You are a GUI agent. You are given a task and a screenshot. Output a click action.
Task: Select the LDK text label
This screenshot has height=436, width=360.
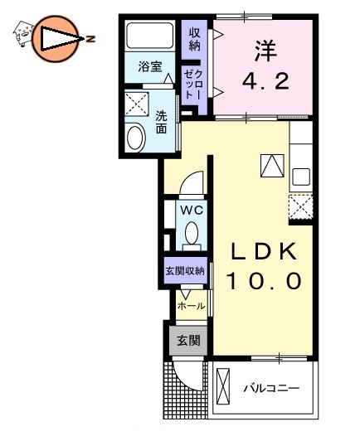(261, 250)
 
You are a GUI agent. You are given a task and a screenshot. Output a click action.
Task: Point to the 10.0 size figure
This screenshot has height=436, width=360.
(261, 281)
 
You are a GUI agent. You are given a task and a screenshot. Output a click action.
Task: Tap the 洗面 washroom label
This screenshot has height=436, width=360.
(161, 124)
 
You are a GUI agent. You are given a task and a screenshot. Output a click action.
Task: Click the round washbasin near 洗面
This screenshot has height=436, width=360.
(134, 137)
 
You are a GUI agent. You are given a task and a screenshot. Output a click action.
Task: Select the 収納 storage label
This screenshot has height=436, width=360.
(196, 38)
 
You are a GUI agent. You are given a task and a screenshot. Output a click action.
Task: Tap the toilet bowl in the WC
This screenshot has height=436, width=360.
(192, 234)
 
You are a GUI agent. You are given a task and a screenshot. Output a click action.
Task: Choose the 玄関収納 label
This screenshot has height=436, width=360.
(183, 272)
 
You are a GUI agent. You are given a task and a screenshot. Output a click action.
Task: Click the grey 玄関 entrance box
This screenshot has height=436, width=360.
(187, 340)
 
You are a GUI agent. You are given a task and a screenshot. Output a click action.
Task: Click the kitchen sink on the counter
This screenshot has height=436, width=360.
(299, 177)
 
